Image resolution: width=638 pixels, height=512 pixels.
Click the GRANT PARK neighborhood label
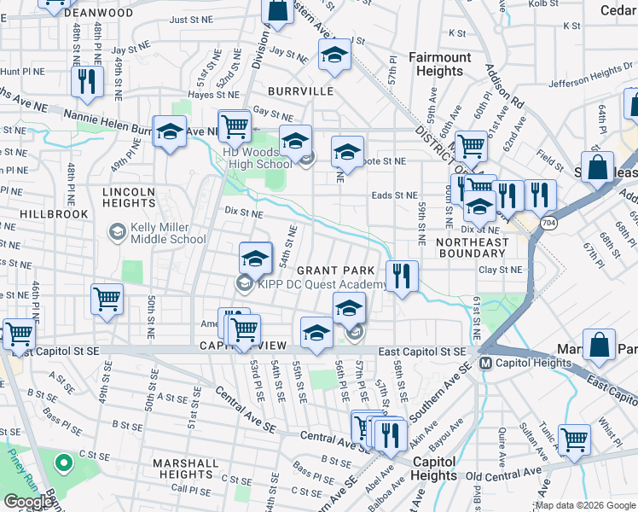pos(335,270)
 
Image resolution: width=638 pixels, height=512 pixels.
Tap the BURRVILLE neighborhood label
pos(299,90)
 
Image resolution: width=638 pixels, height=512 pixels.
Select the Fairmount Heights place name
pos(439,64)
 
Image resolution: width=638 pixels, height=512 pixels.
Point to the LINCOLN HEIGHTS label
pos(129,198)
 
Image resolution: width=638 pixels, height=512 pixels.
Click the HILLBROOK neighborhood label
pos(55,214)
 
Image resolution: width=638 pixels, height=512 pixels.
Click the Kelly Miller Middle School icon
pos(118,232)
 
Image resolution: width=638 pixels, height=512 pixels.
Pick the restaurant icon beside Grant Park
pos(402,276)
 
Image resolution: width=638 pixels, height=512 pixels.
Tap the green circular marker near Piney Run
pos(61,463)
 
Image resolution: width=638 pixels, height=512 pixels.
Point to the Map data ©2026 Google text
pos(585,505)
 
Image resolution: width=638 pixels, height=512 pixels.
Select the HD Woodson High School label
pos(257,158)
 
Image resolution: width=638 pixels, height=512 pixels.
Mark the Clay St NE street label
pos(500,269)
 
